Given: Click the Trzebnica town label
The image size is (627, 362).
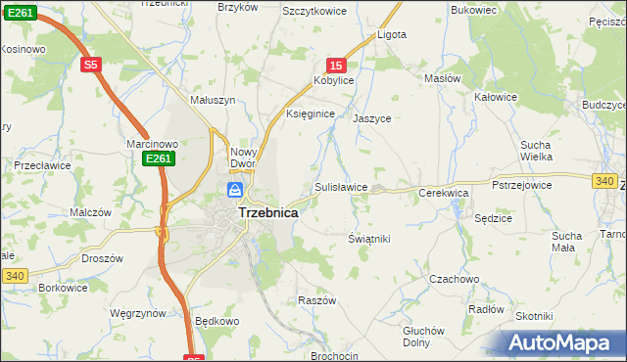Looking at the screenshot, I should tap(268, 211).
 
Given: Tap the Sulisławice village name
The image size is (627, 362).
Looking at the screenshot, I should tap(341, 187).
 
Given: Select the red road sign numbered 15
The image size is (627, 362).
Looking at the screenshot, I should tap(335, 65).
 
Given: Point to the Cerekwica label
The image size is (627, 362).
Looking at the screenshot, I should tap(444, 194).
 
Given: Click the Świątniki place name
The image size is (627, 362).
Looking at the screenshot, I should tap(369, 239).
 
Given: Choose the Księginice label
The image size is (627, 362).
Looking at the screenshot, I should tap(311, 114).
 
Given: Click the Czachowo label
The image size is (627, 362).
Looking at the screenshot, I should tap(454, 279).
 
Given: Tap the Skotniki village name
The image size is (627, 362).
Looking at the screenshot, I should tap(535, 316).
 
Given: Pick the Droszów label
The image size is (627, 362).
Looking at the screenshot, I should tap(102, 258).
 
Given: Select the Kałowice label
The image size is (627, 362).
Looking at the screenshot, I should tap(495, 97).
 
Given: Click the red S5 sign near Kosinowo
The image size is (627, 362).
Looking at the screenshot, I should tap(91, 65).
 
